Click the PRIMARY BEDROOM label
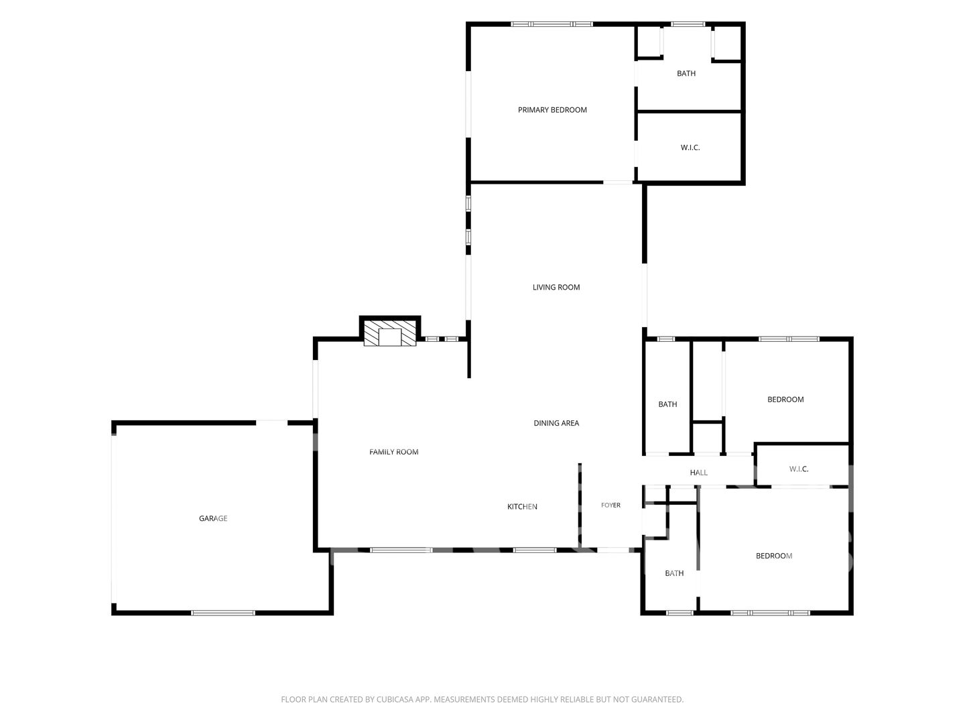552,110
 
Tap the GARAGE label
213,518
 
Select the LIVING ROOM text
556,287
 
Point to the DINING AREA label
556,423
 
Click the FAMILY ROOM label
393,451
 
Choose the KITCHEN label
522,506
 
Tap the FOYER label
610,505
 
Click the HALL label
698,473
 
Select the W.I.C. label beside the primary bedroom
690,147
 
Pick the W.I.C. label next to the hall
798,469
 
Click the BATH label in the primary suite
686,74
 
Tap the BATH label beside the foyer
674,573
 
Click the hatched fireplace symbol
390,333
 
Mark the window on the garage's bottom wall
223,613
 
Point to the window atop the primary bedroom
552,24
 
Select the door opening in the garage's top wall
271,422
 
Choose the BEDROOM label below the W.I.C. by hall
774,556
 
